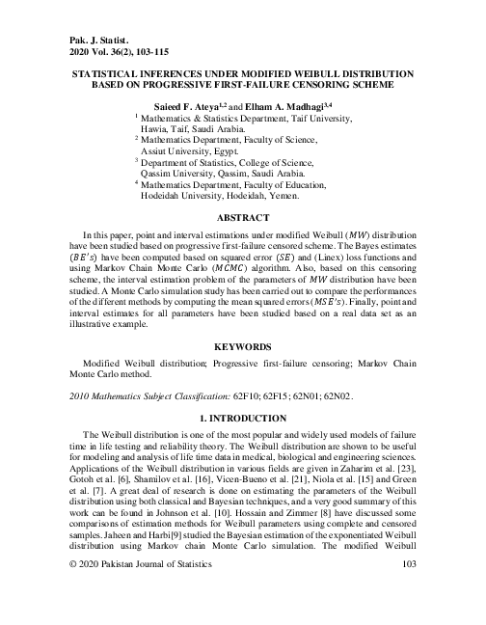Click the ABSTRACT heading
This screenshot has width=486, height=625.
[x=243, y=218]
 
